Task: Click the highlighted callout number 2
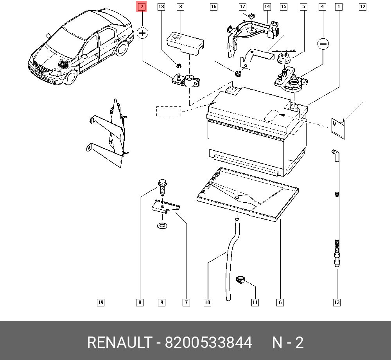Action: click(x=142, y=7)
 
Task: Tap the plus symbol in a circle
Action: click(x=143, y=33)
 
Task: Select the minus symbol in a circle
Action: click(x=323, y=44)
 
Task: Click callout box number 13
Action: click(x=337, y=302)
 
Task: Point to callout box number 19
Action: click(x=100, y=302)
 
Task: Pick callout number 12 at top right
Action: click(x=362, y=7)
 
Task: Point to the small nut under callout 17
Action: click(x=252, y=16)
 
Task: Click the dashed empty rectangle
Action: click(x=169, y=112)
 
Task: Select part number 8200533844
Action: click(x=208, y=343)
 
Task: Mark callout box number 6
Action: click(x=280, y=302)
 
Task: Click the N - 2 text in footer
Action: click(x=288, y=343)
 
